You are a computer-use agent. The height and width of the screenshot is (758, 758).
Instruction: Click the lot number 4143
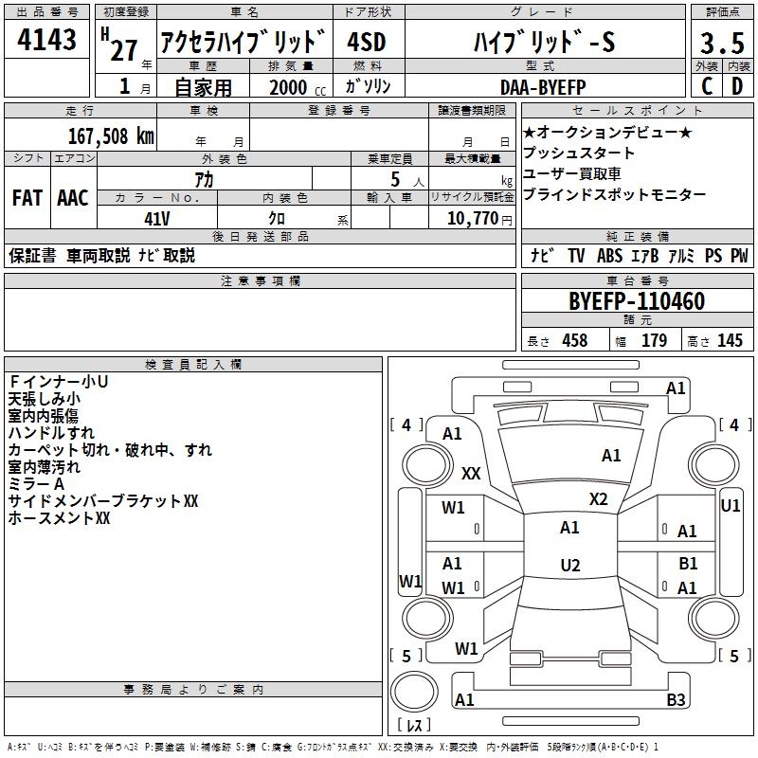[46, 39]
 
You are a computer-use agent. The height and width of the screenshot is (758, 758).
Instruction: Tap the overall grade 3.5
[722, 43]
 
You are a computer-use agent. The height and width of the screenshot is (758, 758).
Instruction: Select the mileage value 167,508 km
[111, 136]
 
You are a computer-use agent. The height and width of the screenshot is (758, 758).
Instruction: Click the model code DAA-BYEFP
[543, 87]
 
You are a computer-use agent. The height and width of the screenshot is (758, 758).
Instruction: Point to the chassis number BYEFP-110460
[637, 301]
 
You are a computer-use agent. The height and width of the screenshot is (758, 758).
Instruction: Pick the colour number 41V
[157, 219]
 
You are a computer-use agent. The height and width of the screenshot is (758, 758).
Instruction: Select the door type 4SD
[367, 42]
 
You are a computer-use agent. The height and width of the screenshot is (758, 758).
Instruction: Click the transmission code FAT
[27, 198]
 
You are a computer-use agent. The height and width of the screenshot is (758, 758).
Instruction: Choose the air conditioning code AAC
[73, 198]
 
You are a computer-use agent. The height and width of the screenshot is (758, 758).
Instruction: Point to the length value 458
[575, 340]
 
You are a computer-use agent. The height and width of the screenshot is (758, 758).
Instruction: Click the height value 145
[730, 340]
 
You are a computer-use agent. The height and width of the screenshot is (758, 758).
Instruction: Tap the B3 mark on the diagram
[676, 699]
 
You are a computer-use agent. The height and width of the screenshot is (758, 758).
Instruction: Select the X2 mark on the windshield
[598, 499]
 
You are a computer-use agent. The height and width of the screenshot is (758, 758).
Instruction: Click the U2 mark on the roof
[570, 565]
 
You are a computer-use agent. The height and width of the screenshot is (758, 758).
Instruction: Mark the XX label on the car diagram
[471, 473]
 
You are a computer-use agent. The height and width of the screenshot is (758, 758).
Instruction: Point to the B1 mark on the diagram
[688, 563]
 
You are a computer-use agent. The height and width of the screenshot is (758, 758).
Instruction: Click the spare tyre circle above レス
[414, 691]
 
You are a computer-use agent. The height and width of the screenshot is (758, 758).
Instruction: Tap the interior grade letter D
[737, 86]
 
